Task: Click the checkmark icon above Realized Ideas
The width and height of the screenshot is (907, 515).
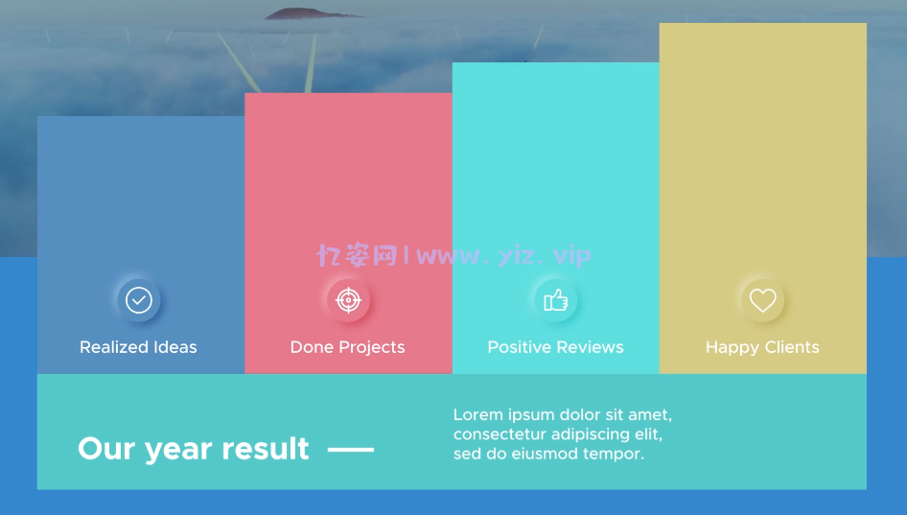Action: click(x=139, y=300)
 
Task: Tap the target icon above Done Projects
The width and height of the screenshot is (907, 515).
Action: click(x=348, y=300)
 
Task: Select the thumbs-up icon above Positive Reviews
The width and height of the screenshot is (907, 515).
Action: click(x=555, y=300)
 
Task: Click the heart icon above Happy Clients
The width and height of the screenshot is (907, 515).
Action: click(x=762, y=300)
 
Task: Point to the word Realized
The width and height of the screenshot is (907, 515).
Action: click(x=114, y=347)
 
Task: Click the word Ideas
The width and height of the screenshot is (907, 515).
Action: click(x=175, y=347)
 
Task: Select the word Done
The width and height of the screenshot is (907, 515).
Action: click(x=312, y=347)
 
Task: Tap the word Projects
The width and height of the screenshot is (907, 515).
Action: click(x=372, y=348)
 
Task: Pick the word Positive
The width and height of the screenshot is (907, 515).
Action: click(x=520, y=347)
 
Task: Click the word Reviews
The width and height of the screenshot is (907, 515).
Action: click(x=590, y=347)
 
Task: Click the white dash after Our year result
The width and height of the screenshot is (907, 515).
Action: click(x=351, y=449)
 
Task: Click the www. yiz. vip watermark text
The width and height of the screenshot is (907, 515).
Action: click(x=503, y=255)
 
